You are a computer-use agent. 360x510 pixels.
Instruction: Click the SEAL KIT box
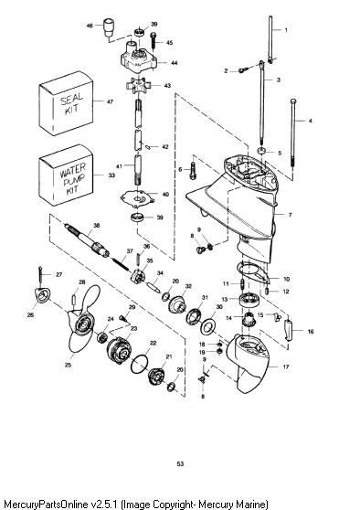tap(66, 103)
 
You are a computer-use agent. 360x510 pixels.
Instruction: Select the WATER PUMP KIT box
tap(66, 175)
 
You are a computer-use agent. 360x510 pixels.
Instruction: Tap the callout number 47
tap(110, 101)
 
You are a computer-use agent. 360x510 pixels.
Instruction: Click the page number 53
tap(180, 463)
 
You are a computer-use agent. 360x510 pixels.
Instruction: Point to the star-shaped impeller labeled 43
tap(139, 86)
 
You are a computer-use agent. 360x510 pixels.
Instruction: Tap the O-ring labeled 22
tap(140, 364)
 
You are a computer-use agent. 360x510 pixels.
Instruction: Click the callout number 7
tap(290, 215)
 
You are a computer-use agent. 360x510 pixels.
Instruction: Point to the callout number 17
tap(286, 367)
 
